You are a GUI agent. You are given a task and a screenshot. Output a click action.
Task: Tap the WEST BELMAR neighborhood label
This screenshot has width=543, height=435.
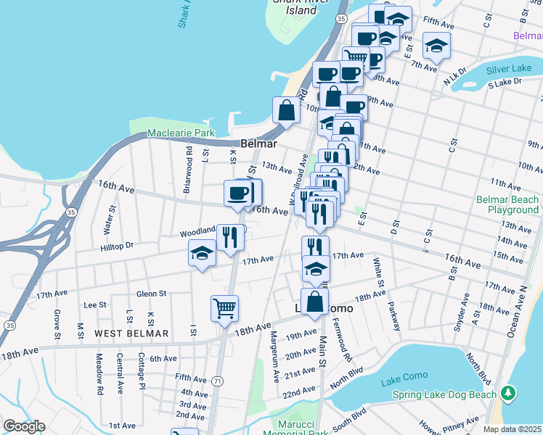point(131,333)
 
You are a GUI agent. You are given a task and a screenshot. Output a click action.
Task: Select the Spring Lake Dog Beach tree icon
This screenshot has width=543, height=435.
point(510,394)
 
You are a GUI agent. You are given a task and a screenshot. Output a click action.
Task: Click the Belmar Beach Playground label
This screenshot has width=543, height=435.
point(507,204)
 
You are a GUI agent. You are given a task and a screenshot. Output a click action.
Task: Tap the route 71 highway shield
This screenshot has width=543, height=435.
point(217,381)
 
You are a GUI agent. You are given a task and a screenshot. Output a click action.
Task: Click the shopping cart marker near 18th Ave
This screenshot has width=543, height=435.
point(225,307)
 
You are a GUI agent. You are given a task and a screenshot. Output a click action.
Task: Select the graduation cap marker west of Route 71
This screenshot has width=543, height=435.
point(203,254)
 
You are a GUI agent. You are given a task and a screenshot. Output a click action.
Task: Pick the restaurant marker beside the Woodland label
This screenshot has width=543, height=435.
point(231,236)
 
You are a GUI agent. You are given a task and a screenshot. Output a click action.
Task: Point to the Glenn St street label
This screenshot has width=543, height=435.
point(152,294)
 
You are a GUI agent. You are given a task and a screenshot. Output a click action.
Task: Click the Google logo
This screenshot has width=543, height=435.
point(24,426)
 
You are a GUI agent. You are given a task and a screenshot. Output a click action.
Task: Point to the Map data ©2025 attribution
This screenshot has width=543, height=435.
point(513,429)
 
